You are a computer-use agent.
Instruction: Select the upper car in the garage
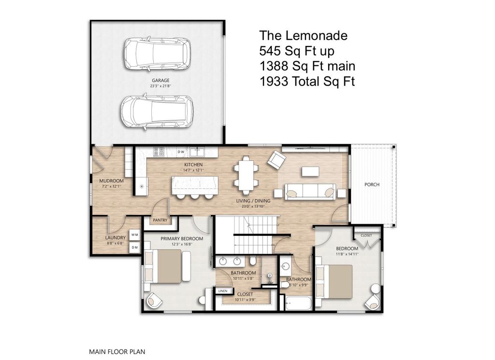coord(157,53)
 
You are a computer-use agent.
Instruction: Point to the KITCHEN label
coord(192,165)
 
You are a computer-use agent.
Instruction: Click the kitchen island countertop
coord(194,185)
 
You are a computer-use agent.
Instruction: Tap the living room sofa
coord(310,192)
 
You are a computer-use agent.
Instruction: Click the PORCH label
coord(372,185)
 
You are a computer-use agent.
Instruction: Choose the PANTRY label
coord(160,220)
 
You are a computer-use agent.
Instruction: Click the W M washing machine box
coord(135,235)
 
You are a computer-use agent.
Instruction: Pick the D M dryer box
coord(135,247)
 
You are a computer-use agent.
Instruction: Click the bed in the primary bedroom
coord(167,266)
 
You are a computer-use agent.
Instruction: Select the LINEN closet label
coord(222,291)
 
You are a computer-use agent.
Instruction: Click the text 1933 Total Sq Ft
coord(307,82)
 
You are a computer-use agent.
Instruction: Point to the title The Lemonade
coord(303,35)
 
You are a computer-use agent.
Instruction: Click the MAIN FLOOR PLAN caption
coord(117,352)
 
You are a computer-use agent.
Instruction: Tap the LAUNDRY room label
coord(116,238)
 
